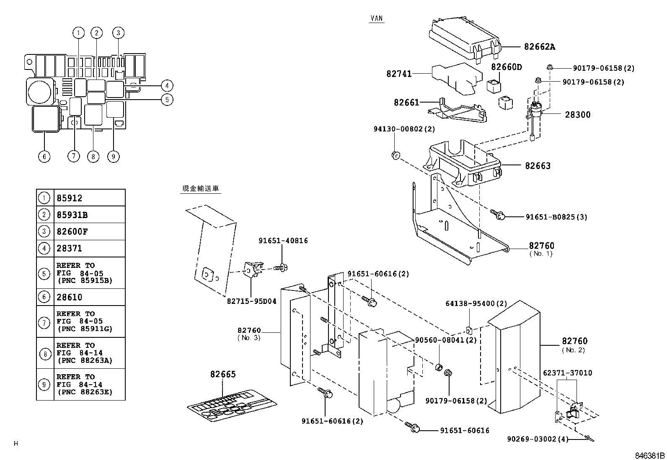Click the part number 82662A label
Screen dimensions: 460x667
pyautogui.click(x=539, y=47)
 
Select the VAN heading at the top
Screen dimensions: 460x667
pyautogui.click(x=377, y=19)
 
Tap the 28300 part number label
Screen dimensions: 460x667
pyautogui.click(x=577, y=114)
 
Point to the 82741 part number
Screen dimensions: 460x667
pyautogui.click(x=399, y=74)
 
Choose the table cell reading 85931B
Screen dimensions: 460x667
pyautogui.click(x=72, y=215)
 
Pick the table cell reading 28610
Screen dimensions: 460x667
pyautogui.click(x=70, y=297)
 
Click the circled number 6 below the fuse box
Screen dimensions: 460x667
pyautogui.click(x=44, y=157)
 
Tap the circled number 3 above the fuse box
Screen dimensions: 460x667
pyautogui.click(x=118, y=33)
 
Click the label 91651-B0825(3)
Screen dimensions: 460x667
pyautogui.click(x=556, y=217)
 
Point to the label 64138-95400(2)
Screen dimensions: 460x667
pyautogui.click(x=476, y=303)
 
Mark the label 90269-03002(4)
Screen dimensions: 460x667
pyautogui.click(x=538, y=439)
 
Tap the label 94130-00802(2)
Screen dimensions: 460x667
pyautogui.click(x=404, y=129)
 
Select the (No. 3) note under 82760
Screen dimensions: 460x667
pyautogui.click(x=249, y=338)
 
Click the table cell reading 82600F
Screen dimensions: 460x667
pyautogui.click(x=72, y=231)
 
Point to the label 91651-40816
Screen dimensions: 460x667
pyautogui.click(x=283, y=241)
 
